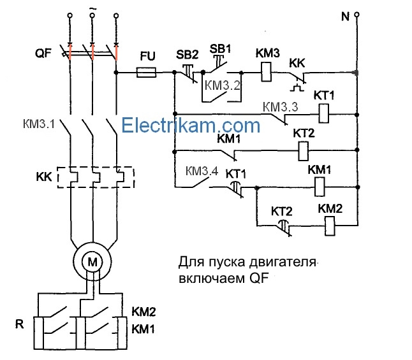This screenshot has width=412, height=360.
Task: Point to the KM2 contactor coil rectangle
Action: [332, 224]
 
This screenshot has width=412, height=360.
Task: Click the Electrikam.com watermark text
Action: [191, 124]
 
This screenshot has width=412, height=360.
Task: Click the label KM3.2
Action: [223, 84]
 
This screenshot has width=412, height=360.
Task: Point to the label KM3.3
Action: [280, 106]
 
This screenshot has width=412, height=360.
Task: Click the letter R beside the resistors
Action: [20, 324]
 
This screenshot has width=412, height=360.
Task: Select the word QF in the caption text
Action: [254, 279]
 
